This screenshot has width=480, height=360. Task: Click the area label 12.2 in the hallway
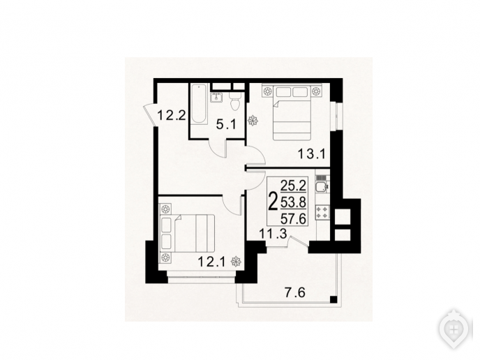[172, 116]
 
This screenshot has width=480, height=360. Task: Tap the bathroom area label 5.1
[226, 125]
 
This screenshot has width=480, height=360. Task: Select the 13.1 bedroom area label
[312, 154]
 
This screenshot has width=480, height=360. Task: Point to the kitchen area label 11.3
[273, 234]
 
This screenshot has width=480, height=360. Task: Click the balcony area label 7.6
[295, 293]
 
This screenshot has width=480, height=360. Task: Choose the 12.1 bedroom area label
[211, 262]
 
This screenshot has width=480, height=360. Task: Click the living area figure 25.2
[294, 185]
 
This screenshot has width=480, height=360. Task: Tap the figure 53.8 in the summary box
[294, 202]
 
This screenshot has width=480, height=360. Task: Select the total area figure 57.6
[294, 219]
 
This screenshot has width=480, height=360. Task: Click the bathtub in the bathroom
[199, 104]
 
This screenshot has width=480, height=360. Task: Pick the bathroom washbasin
[217, 97]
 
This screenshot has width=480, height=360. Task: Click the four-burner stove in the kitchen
[323, 212]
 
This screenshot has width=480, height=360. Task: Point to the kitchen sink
[322, 187]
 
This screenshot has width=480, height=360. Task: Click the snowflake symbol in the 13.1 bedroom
[253, 120]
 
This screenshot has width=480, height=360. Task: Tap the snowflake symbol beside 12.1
[236, 262]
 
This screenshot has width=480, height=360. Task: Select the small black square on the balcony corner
[333, 299]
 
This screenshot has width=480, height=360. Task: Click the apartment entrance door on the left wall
[150, 114]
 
